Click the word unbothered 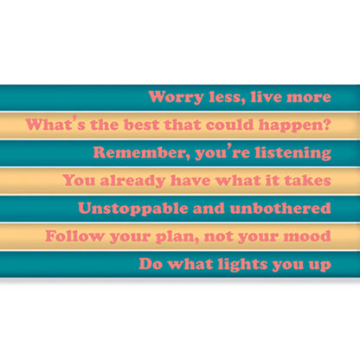point(280,209)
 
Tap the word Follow point(72,235)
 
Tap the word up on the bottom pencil point(319,265)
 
